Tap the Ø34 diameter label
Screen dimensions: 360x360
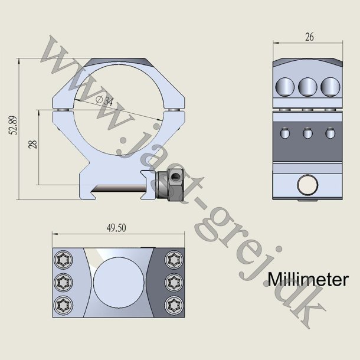tap(105, 100)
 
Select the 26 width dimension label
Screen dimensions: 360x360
tap(308, 37)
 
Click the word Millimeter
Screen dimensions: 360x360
tap(307, 279)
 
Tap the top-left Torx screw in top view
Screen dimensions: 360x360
tap(62, 258)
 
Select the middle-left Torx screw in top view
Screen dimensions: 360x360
tap(62, 282)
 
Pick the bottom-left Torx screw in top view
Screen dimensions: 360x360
tap(62, 305)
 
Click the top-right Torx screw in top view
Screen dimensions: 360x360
tap(172, 258)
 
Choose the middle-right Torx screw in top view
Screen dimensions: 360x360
tap(172, 282)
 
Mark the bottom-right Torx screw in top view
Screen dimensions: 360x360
tap(172, 305)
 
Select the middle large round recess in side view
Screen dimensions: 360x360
tap(307, 87)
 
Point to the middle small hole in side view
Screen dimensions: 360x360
tap(307, 134)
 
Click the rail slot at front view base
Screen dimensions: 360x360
tap(121, 189)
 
